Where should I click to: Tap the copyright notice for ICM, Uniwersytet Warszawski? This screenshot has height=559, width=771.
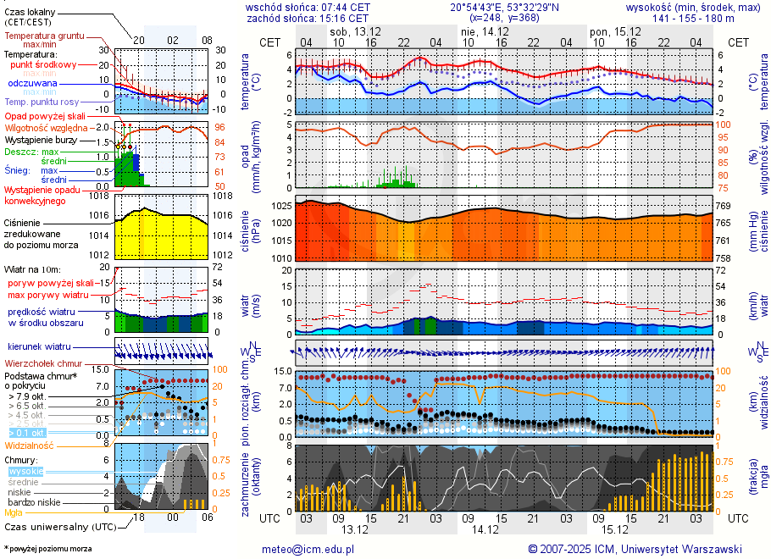(x=635, y=549)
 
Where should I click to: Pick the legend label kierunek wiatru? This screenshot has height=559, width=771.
(x=40, y=347)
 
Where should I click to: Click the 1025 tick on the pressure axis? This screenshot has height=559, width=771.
(x=280, y=206)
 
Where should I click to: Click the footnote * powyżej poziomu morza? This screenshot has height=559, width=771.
(x=47, y=549)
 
